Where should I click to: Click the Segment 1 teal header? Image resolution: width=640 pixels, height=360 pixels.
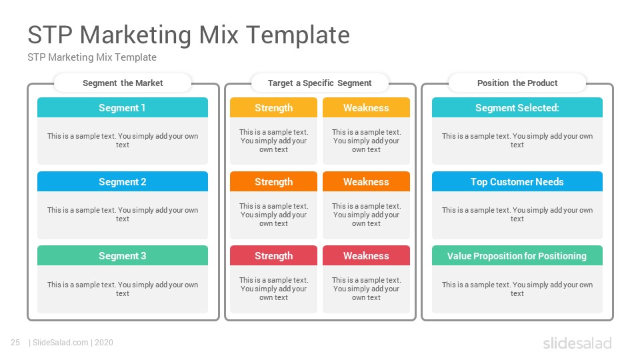(x=123, y=107)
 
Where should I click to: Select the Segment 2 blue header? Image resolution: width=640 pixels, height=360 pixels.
(x=123, y=181)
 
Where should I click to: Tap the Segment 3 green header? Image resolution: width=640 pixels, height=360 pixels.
(x=123, y=255)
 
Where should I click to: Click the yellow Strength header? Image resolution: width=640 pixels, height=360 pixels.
(x=273, y=107)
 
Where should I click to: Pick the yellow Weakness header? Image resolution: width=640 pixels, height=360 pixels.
(x=366, y=107)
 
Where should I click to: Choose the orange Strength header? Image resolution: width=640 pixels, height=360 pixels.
(x=273, y=181)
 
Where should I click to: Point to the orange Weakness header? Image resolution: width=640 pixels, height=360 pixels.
(x=366, y=181)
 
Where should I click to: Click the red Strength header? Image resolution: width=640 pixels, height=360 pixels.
(x=273, y=255)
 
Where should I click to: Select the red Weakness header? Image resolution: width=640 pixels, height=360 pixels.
(x=366, y=255)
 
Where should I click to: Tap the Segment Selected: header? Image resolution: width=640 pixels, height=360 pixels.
(x=517, y=107)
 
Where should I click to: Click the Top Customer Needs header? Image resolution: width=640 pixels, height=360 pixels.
(x=517, y=181)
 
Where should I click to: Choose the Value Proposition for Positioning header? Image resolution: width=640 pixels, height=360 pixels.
(x=517, y=255)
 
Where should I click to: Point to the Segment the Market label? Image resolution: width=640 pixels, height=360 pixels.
(x=123, y=83)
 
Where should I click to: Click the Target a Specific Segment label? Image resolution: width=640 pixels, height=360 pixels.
(x=319, y=83)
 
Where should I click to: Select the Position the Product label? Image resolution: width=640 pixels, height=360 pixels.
(x=517, y=83)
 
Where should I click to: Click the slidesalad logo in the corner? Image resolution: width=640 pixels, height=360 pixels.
(x=577, y=343)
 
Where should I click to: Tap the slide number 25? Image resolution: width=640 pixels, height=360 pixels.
(x=15, y=343)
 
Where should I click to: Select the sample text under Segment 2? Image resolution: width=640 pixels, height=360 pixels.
(x=123, y=214)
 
